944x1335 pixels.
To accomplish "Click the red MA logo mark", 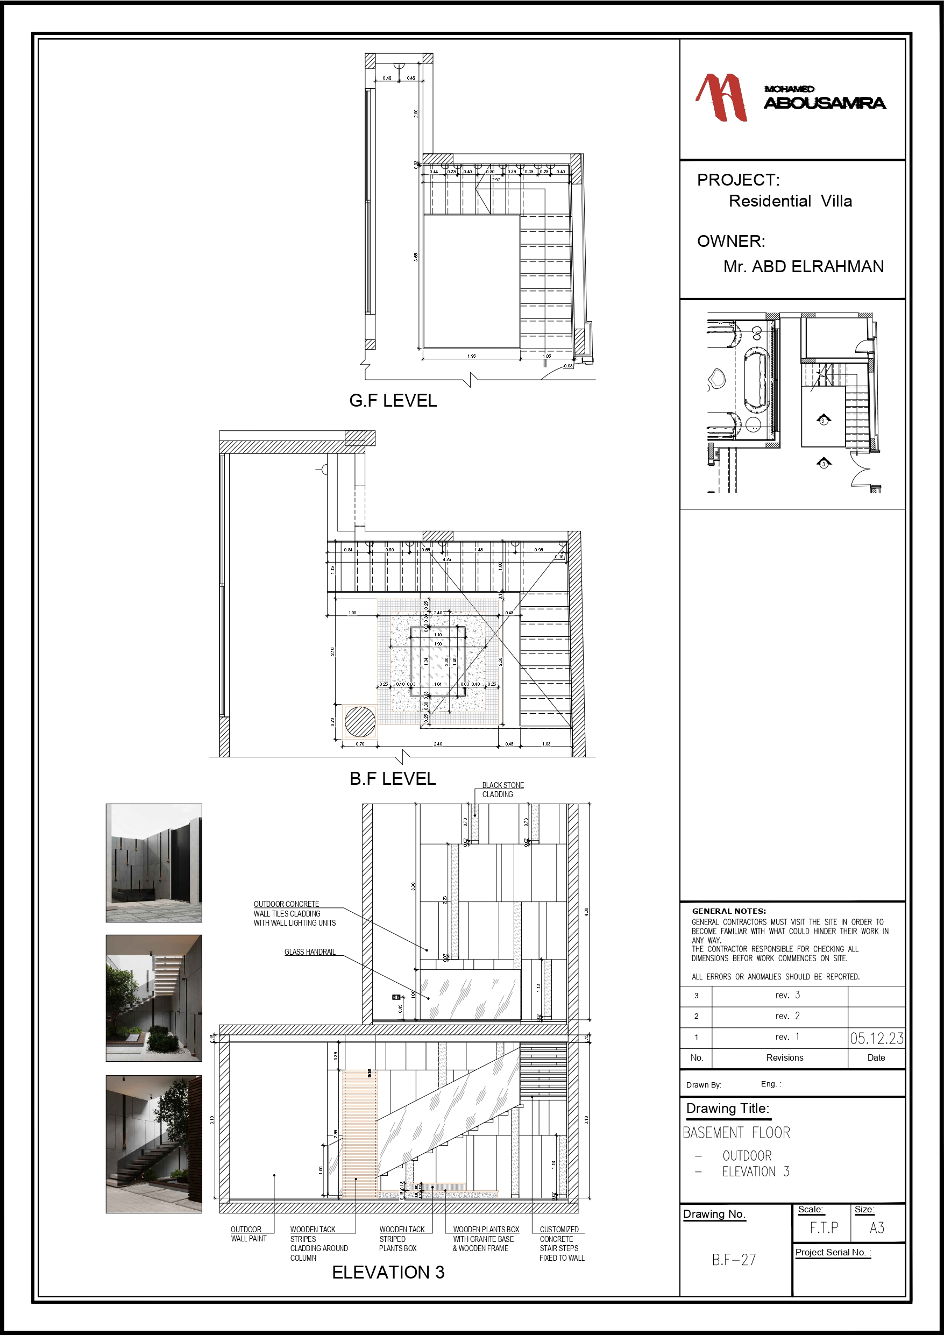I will coord(721,97).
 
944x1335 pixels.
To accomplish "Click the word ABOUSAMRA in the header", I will coord(824,103).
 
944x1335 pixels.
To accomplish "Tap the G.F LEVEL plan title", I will coord(393,401).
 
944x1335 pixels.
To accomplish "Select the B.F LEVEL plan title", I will coord(393,778).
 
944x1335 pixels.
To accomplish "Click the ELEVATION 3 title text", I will coord(388,1272).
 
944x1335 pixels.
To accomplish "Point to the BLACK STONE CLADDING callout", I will coord(502,790).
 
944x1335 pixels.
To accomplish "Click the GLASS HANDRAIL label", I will coord(309,952).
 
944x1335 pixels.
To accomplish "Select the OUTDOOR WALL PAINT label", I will coord(248,1234).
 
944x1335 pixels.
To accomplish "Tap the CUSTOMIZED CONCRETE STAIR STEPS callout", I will coord(560,1243).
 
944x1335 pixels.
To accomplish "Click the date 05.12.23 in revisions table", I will coord(876,1039).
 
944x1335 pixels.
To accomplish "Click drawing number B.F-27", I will coord(734,1259).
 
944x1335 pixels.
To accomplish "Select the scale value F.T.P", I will coord(824,1227).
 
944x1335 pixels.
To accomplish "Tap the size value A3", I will coord(877,1227).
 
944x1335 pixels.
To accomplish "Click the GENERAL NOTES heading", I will coord(728,911).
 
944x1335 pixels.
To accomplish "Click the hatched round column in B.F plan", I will coord(360,722).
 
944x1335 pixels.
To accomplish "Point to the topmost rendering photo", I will coord(153,862).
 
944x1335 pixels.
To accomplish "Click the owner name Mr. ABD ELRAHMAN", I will coord(803,266).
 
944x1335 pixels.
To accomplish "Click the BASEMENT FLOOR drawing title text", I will coord(736,1133).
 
